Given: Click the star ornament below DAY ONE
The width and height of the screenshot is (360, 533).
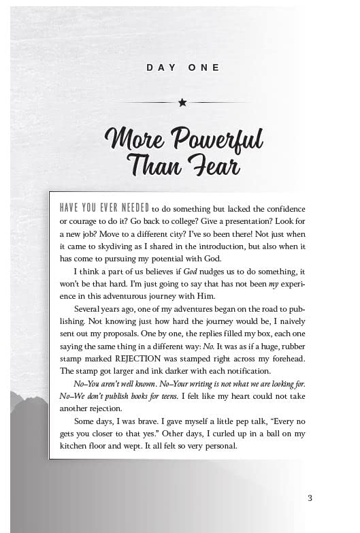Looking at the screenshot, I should point(182,103).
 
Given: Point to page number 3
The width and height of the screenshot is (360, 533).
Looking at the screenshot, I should point(310,498).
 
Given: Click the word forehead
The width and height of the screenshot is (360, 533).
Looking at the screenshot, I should point(284,359).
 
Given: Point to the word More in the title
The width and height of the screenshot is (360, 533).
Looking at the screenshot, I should point(133,140).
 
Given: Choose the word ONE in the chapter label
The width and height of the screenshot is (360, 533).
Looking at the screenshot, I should point(204,67).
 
